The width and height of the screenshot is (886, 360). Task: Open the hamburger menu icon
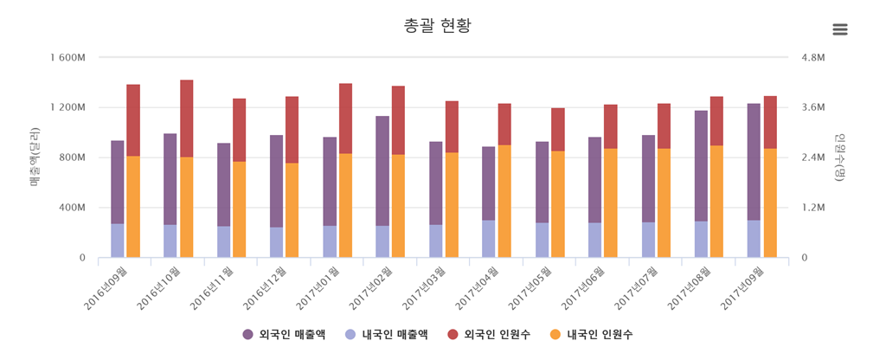pyautogui.click(x=839, y=29)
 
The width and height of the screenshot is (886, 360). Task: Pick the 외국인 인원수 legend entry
pyautogui.click(x=489, y=334)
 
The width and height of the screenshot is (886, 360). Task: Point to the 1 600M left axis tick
pyautogui.click(x=67, y=58)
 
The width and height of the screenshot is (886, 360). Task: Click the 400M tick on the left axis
pyautogui.click(x=72, y=208)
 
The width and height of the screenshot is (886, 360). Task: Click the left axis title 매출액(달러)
pyautogui.click(x=35, y=157)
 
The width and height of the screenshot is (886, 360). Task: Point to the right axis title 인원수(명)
pyautogui.click(x=838, y=157)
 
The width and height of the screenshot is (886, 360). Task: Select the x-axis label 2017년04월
pyautogui.click(x=481, y=283)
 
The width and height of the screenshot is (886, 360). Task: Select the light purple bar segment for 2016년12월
pyautogui.click(x=276, y=242)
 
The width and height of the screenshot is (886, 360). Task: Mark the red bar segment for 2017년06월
pyautogui.click(x=611, y=126)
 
